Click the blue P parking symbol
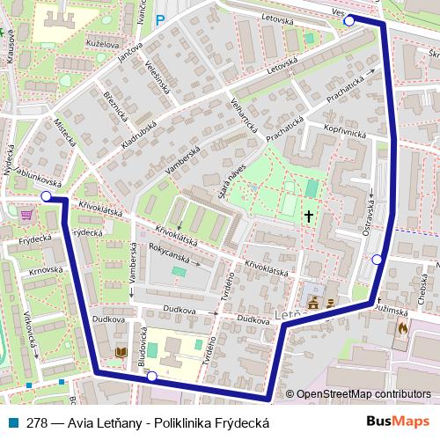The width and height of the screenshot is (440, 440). pyautogui.click(x=159, y=20)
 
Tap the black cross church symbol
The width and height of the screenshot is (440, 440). pyautogui.click(x=309, y=215)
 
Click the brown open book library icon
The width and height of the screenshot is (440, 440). pyautogui.click(x=120, y=354)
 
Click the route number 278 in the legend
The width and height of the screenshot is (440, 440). pyautogui.click(x=37, y=422)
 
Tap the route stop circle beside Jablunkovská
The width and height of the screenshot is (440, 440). pyautogui.click(x=46, y=198)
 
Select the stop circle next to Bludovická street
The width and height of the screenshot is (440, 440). pyautogui.click(x=152, y=377)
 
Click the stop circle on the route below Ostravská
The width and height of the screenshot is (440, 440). pyautogui.click(x=378, y=259)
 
